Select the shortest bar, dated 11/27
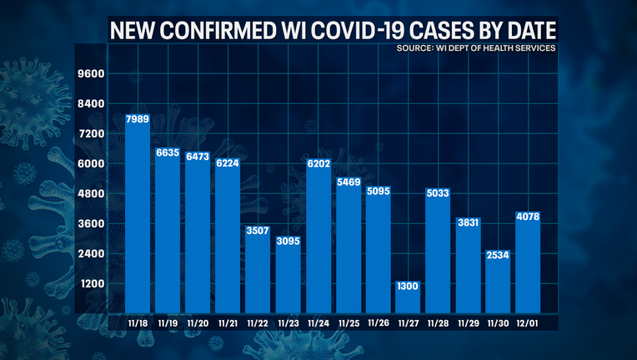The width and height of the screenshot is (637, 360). click(x=408, y=296)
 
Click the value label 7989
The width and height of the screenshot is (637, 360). click(x=138, y=120)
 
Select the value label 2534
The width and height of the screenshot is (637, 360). click(x=498, y=253)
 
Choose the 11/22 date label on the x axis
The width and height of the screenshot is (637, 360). click(x=258, y=322)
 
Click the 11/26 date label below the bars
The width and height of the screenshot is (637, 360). click(x=378, y=322)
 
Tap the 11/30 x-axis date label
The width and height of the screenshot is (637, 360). click(x=498, y=322)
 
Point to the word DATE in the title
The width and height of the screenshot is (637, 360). click(x=524, y=32)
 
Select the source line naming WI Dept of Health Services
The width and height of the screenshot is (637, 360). click(x=477, y=48)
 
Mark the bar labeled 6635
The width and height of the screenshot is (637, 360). click(x=168, y=229)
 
